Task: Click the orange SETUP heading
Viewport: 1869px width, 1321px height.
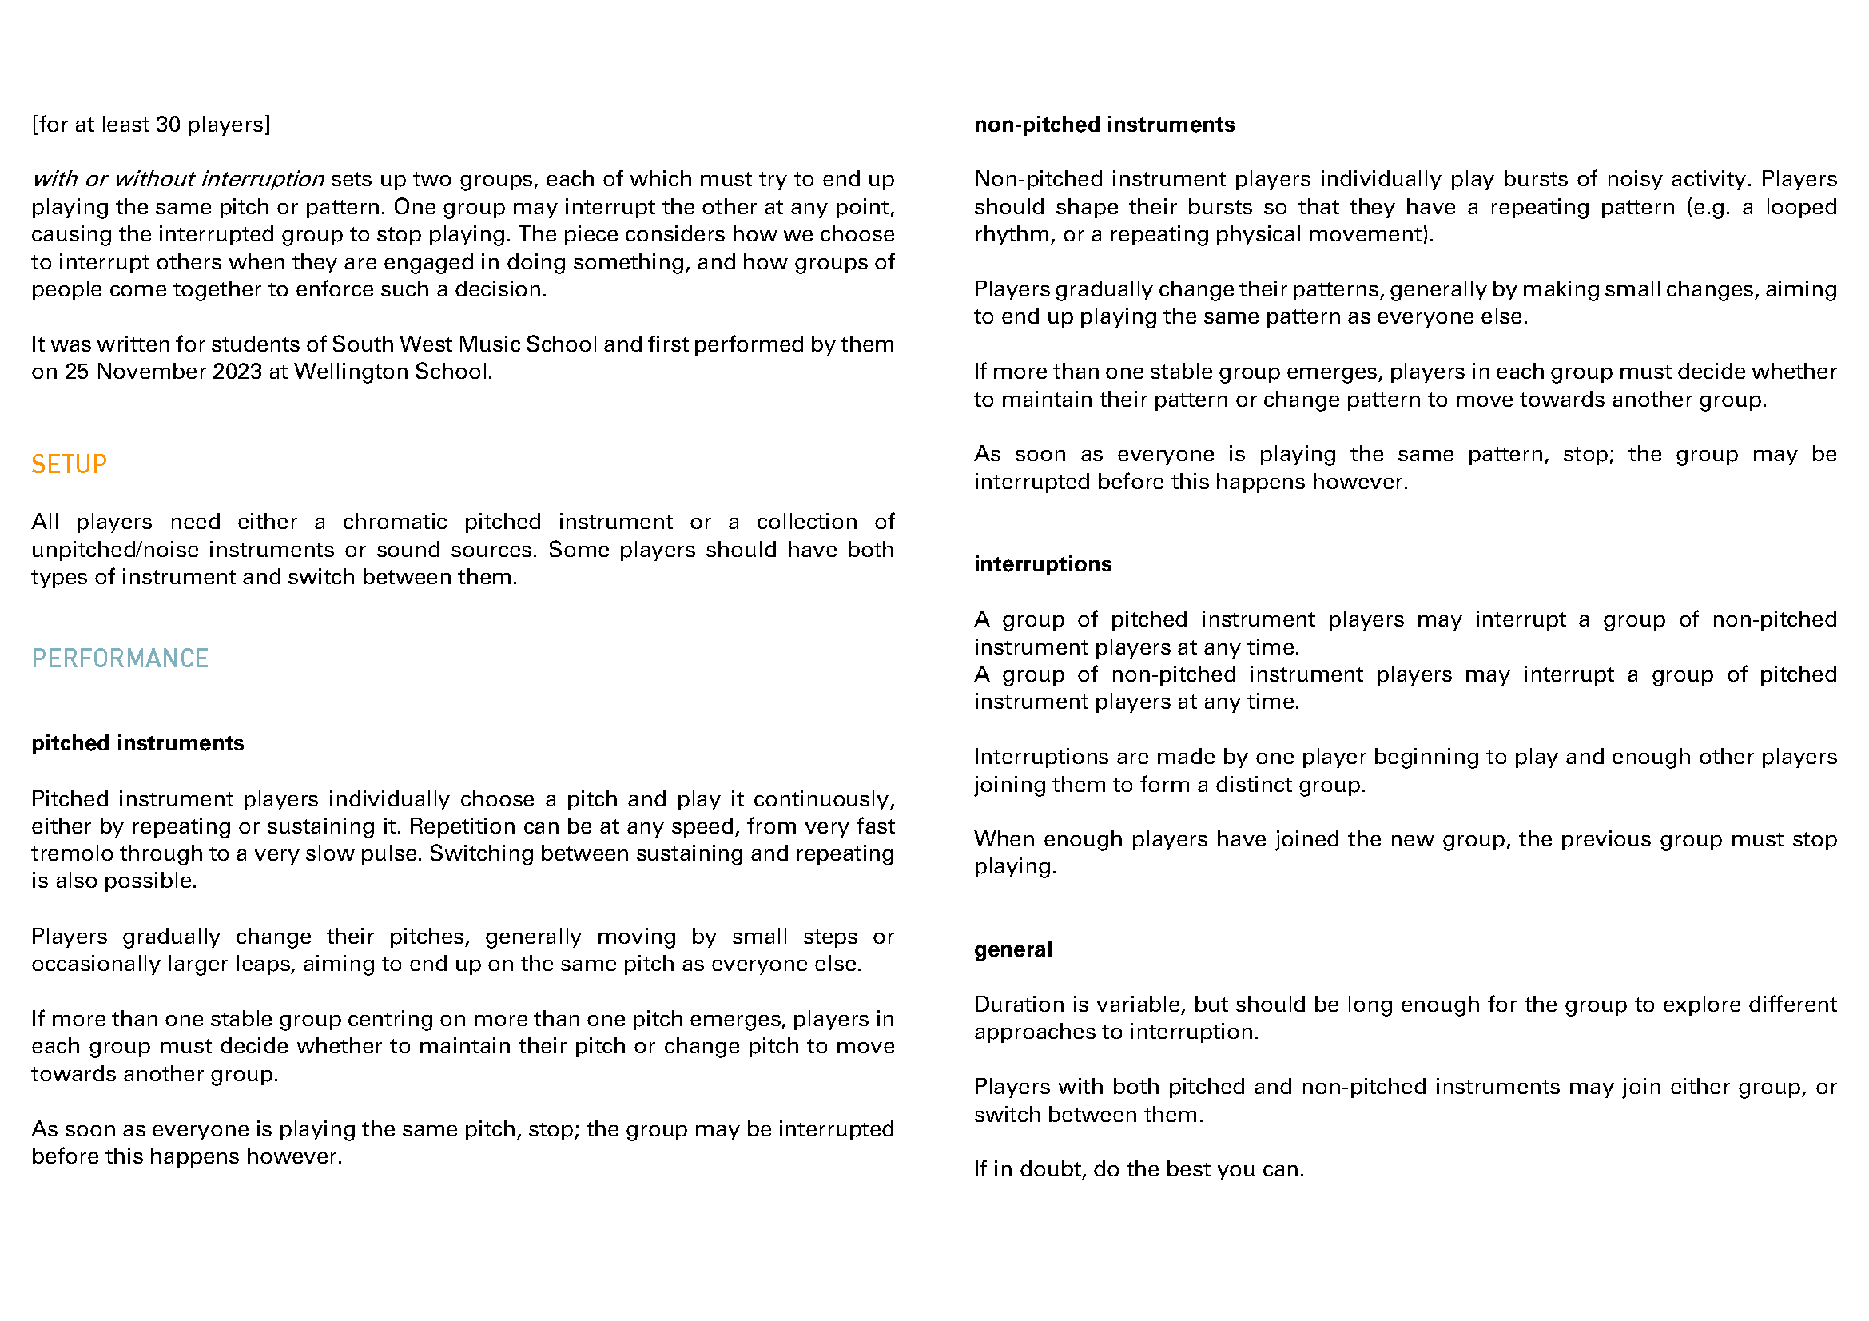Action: pos(70,465)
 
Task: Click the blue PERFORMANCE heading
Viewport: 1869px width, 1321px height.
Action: pos(120,659)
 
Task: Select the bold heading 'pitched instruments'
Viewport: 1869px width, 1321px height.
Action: pos(137,743)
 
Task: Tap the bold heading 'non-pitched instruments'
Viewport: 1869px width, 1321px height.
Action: pos(1104,125)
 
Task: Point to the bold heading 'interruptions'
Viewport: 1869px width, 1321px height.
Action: pos(1042,564)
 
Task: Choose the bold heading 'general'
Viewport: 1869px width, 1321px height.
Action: pos(1012,949)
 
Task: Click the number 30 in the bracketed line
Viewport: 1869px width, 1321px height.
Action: pos(168,125)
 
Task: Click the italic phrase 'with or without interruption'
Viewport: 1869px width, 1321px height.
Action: pos(178,179)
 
